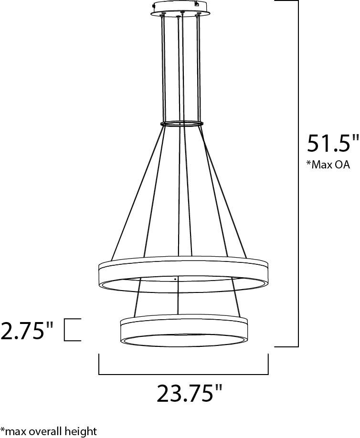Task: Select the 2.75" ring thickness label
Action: pos(27,330)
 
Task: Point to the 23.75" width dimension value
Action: pos(190,395)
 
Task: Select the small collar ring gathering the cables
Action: pos(181,124)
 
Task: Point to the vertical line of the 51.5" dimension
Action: pos(298,172)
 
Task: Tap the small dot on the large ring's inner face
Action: pos(175,278)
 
